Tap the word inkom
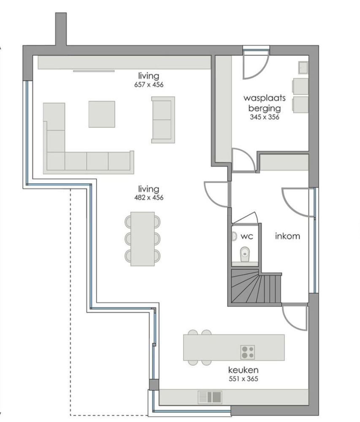tap(287, 236)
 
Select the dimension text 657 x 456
tap(149, 84)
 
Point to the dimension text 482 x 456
tap(149, 197)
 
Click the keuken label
tap(243, 370)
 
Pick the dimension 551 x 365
tap(243, 379)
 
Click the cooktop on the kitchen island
tap(248, 352)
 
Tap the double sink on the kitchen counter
tap(210, 397)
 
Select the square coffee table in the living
tap(102, 114)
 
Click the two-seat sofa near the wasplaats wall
tap(163, 120)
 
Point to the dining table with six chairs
tap(143, 239)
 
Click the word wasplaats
tap(265, 98)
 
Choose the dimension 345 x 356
tap(265, 117)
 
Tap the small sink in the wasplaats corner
tap(303, 68)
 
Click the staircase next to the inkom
tap(256, 287)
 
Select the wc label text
tap(247, 236)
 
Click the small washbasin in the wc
tap(233, 236)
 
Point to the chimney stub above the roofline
tap(61, 29)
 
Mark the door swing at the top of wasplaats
tap(256, 65)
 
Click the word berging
tap(265, 108)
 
